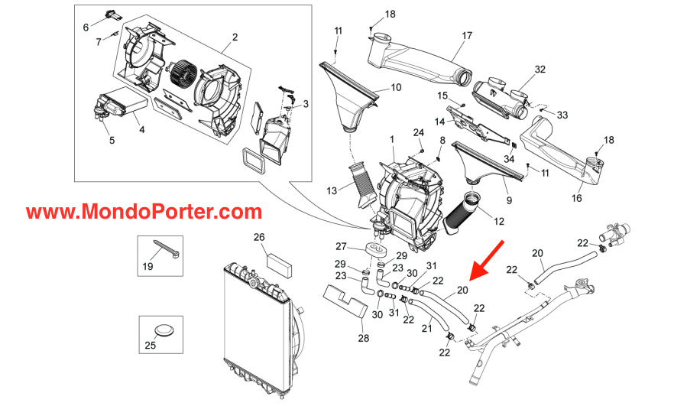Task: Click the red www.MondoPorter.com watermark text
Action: click(144, 212)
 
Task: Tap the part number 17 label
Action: click(467, 35)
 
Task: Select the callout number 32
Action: click(540, 69)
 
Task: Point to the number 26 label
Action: click(258, 236)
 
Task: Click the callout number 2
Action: click(235, 37)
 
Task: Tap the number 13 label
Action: click(330, 190)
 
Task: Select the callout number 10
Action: click(395, 87)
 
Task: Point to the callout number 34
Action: click(509, 158)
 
